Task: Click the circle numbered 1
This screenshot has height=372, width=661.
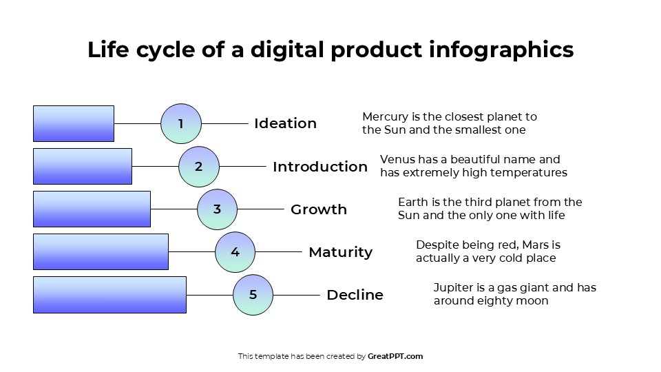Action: (181, 124)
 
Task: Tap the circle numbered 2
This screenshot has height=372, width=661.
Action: (199, 167)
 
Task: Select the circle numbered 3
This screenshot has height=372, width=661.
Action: (217, 209)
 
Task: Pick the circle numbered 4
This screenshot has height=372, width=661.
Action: (235, 252)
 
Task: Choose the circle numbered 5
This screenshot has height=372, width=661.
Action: (253, 295)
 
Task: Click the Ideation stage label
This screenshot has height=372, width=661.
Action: (285, 124)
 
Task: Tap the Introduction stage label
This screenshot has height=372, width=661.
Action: (320, 167)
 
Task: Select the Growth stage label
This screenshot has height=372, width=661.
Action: (319, 209)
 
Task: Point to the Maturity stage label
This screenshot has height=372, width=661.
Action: (340, 252)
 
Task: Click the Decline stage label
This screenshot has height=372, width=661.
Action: (355, 295)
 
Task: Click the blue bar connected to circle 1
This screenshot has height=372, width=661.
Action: (74, 124)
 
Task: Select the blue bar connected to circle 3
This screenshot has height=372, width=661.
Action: (92, 209)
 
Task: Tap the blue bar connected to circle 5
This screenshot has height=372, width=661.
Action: (109, 295)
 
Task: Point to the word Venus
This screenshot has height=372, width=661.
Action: (397, 160)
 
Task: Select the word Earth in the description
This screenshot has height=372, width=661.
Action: (412, 203)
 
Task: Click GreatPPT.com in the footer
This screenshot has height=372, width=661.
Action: (395, 357)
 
